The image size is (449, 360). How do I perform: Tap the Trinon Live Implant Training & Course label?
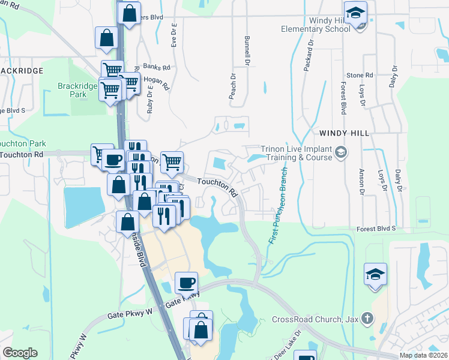(296, 153)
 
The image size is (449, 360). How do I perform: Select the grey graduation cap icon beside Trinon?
(341, 152)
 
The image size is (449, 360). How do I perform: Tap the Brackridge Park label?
(77, 90)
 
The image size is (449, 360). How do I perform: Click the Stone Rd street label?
(360, 75)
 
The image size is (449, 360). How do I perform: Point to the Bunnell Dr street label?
(247, 50)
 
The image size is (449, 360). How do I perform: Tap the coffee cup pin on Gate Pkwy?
(187, 282)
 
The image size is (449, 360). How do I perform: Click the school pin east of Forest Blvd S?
(376, 274)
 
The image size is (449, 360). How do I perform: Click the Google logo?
(20, 353)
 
